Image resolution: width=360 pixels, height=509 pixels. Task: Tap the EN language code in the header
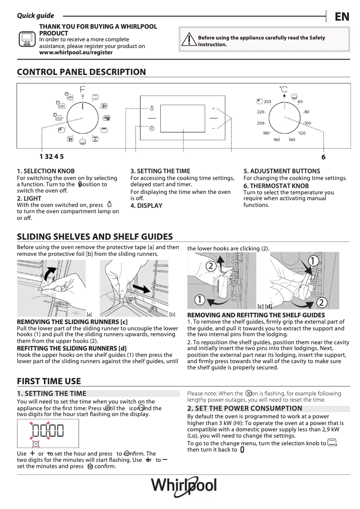point(342,17)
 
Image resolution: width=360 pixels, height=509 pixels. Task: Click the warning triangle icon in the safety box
point(190,40)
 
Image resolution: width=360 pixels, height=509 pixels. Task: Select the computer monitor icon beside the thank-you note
point(26,39)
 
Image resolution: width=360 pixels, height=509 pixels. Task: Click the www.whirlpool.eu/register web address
point(76,53)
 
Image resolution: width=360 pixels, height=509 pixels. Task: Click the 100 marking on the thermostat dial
point(307,123)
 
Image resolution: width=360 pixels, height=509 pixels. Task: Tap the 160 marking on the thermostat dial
point(277,140)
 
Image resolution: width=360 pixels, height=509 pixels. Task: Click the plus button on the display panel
point(213,108)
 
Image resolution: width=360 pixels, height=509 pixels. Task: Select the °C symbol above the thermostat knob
point(284,89)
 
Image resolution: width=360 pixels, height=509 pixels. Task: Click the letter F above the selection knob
point(83,88)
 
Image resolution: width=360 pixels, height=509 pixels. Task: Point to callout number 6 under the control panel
point(323,157)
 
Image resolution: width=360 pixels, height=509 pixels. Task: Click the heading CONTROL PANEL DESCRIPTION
point(81,72)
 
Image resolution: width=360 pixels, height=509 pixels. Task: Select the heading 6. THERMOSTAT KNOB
point(276,186)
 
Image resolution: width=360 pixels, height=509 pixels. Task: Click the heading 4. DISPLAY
point(146,206)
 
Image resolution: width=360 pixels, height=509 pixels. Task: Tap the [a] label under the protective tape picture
point(89,315)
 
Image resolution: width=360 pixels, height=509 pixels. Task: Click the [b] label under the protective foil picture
point(172,315)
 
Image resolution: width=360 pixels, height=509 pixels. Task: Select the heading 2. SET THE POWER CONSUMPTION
point(245,408)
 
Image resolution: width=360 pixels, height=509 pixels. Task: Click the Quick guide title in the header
point(35,16)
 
